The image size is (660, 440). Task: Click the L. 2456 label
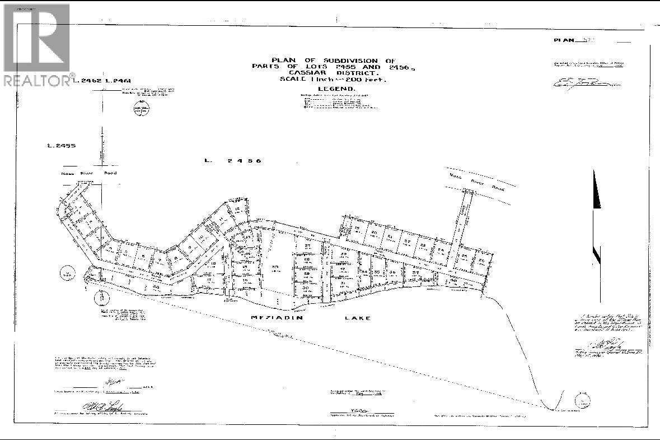(233, 161)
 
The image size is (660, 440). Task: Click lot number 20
(374, 232)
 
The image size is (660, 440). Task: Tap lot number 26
(481, 260)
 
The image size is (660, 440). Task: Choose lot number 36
(392, 272)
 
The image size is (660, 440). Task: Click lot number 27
(307, 247)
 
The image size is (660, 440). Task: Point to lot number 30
(306, 288)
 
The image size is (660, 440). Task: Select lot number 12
(237, 209)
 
